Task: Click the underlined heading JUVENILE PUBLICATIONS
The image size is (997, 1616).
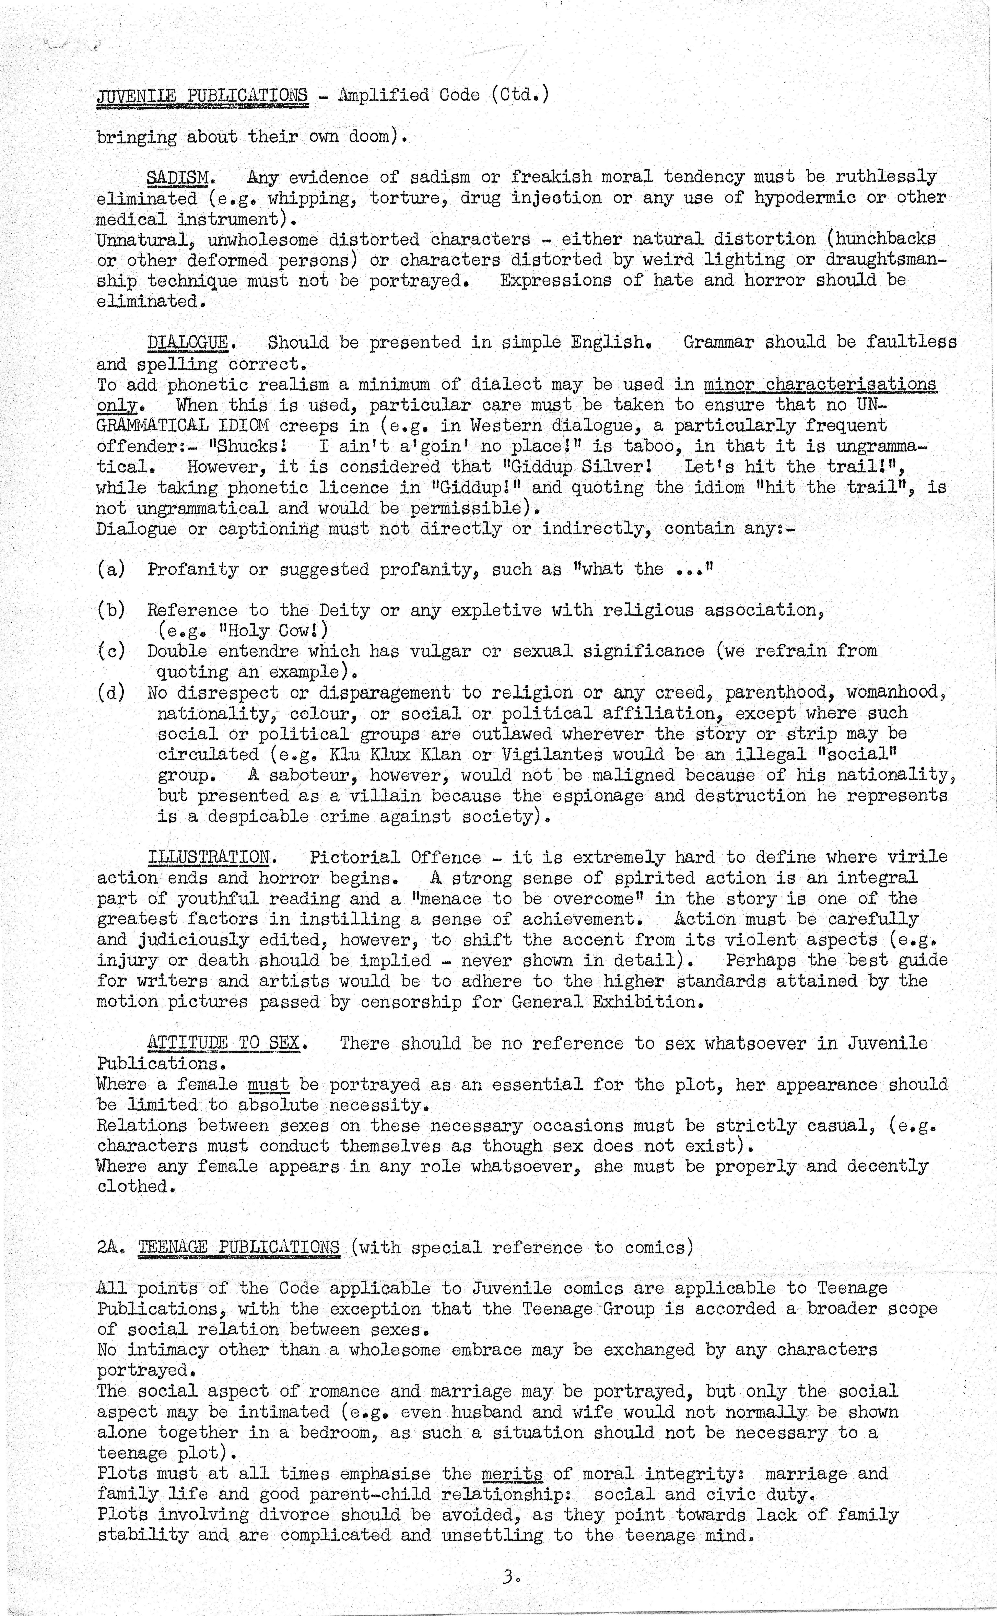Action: (202, 96)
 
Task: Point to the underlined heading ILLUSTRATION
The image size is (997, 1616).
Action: (208, 857)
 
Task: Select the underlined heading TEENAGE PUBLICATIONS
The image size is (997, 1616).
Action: (239, 1248)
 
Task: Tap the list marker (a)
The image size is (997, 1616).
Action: (111, 570)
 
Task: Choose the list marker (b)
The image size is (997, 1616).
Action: (111, 611)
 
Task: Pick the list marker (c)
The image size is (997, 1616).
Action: (111, 651)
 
